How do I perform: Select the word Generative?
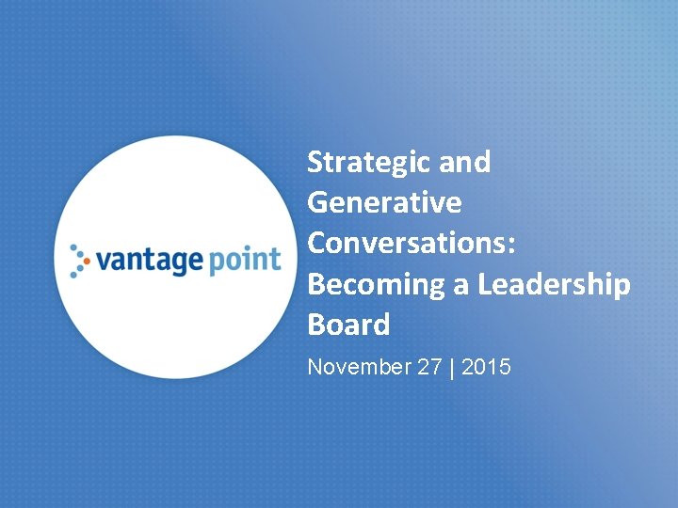coord(384,203)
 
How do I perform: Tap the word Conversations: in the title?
coord(412,243)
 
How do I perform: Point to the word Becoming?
coord(377,284)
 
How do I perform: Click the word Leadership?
coord(554,284)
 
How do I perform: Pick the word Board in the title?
coord(348,325)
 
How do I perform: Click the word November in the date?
coord(359,367)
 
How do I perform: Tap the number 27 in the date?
coord(429,367)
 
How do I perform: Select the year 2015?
coord(486,367)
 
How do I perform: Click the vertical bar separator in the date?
coord(452,367)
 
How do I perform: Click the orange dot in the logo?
coord(88,259)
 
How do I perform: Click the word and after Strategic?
coord(465,163)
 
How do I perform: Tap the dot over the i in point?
coord(249,248)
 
